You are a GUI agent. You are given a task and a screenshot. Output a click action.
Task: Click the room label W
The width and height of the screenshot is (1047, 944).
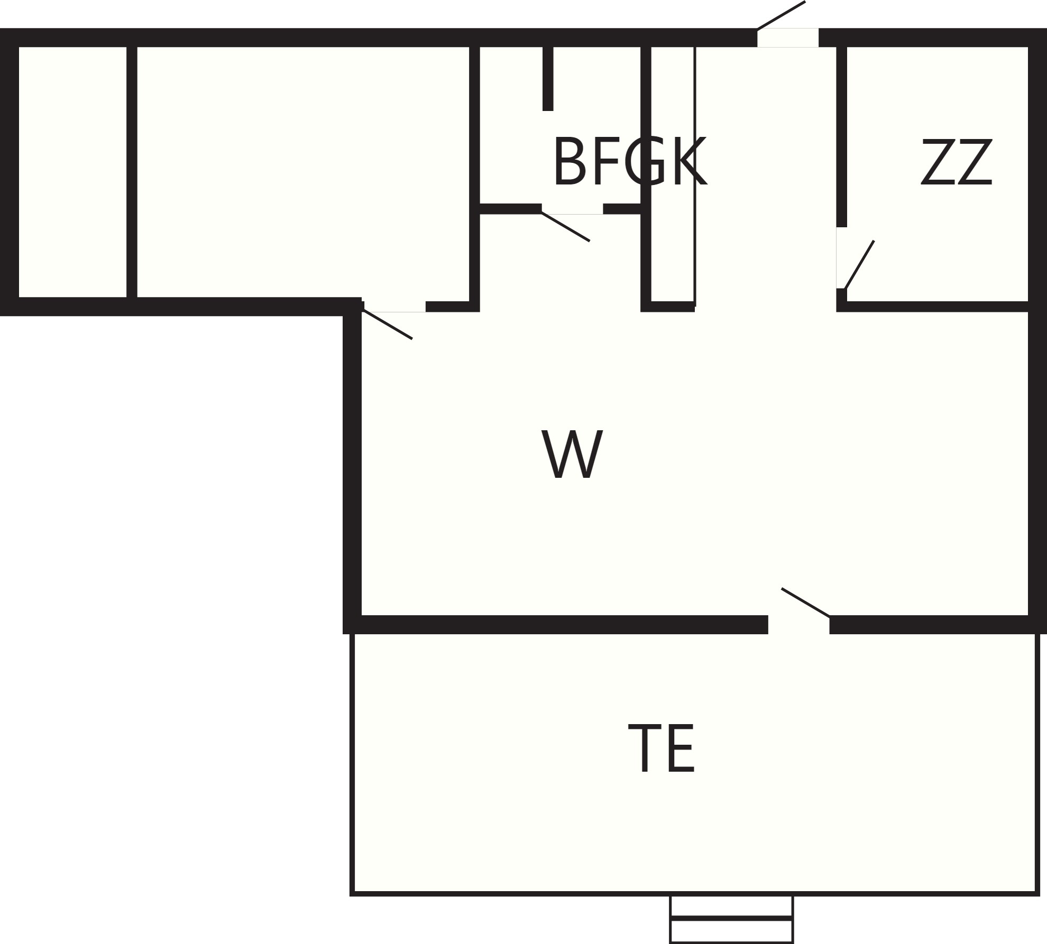[x=572, y=454]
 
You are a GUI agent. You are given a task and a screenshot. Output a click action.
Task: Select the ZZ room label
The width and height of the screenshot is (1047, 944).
[x=957, y=162]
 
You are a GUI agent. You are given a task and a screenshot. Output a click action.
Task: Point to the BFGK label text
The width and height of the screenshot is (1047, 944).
[x=629, y=161]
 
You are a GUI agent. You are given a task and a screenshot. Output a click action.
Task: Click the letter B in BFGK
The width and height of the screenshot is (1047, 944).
[x=570, y=162]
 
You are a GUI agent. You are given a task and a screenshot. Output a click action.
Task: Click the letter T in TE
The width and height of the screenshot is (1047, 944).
[x=644, y=748]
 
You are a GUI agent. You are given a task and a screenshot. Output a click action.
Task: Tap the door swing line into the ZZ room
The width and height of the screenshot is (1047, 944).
[x=859, y=265]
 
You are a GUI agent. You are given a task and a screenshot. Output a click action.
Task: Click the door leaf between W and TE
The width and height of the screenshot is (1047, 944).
[x=805, y=603]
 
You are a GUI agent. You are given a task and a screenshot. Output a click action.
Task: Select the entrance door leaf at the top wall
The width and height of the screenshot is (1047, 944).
[x=781, y=15]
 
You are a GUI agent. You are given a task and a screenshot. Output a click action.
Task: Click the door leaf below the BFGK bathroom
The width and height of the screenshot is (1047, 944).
[x=565, y=227]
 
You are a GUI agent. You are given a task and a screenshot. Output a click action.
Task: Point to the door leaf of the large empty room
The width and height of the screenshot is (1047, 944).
[x=387, y=324]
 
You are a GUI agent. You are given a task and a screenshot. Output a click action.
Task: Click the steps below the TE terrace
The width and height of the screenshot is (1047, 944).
[x=731, y=919]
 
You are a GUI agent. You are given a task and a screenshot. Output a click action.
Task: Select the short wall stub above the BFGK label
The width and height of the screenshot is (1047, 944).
[x=548, y=79]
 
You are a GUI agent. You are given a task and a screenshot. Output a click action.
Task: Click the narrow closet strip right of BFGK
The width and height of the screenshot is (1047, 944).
[x=672, y=174]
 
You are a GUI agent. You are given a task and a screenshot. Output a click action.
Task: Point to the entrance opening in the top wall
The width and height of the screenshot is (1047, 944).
[x=788, y=38]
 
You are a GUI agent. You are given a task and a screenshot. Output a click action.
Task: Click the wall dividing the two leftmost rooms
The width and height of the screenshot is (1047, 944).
[x=132, y=172]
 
